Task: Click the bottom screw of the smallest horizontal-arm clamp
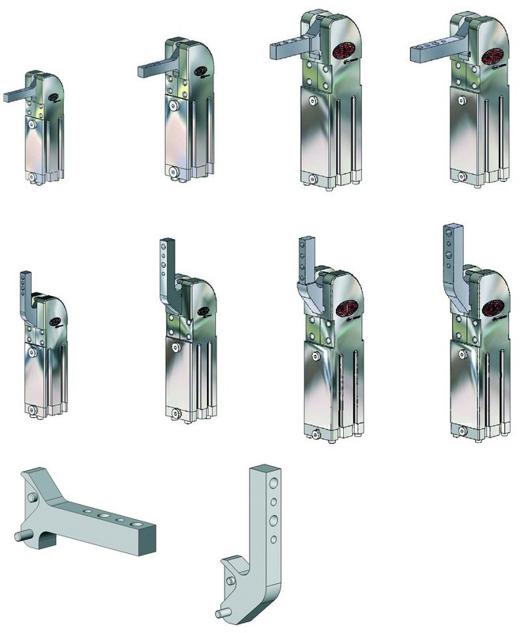pyautogui.click(x=32, y=178)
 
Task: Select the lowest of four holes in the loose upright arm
pyautogui.click(x=273, y=539)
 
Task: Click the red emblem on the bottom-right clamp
pyautogui.click(x=492, y=307)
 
